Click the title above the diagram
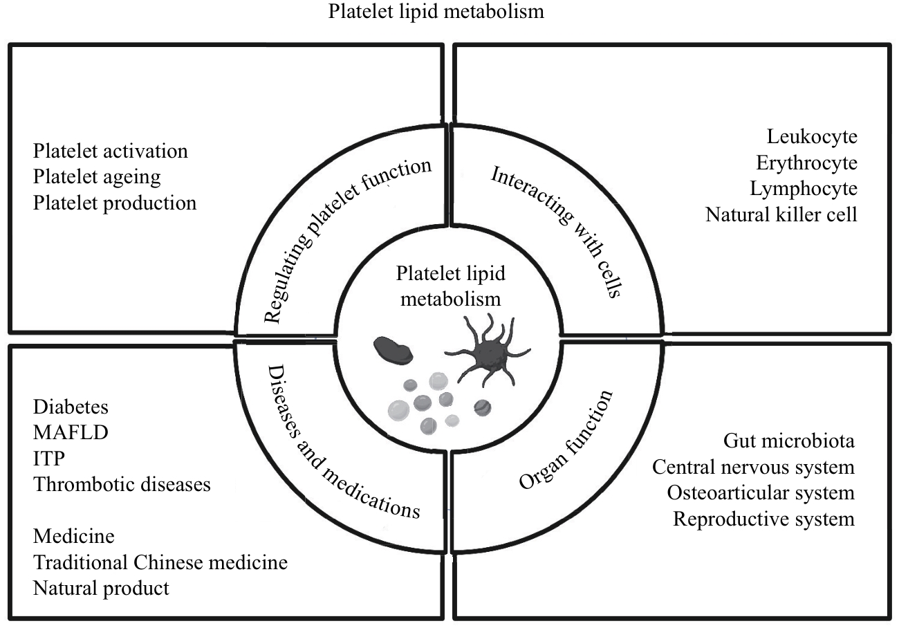pyautogui.click(x=436, y=11)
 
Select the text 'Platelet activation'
pyautogui.click(x=111, y=151)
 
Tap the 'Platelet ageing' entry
pyautogui.click(x=97, y=177)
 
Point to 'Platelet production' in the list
pyautogui.click(x=115, y=203)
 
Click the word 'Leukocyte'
pyautogui.click(x=812, y=137)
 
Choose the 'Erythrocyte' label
pyautogui.click(x=807, y=163)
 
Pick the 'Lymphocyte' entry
pyautogui.click(x=804, y=189)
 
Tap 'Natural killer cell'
pyautogui.click(x=781, y=214)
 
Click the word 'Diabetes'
pyautogui.click(x=71, y=407)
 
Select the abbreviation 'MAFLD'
pyautogui.click(x=71, y=432)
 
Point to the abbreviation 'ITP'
pyautogui.click(x=49, y=459)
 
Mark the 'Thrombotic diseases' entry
pyautogui.click(x=122, y=484)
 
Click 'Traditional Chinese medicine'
pyautogui.click(x=160, y=562)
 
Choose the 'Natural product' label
pyautogui.click(x=101, y=589)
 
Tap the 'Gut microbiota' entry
pyautogui.click(x=788, y=441)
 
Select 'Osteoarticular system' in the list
pyautogui.click(x=761, y=492)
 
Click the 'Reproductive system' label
pyautogui.click(x=763, y=519)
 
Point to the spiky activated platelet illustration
pyautogui.click(x=488, y=352)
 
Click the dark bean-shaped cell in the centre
pyautogui.click(x=393, y=351)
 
